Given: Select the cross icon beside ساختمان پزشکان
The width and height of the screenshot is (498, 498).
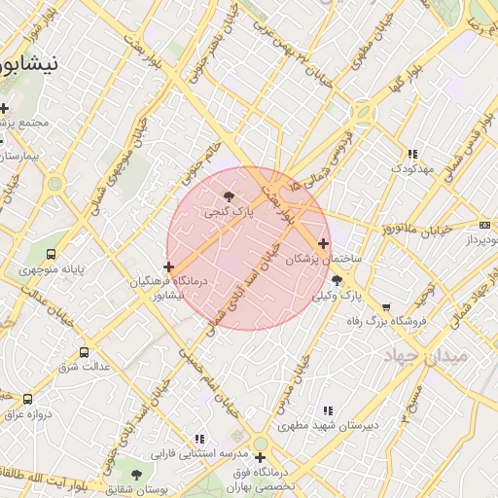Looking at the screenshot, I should (323, 243).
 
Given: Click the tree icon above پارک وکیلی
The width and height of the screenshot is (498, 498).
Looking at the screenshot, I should (337, 280).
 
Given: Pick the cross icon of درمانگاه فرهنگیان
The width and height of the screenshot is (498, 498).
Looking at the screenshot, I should (169, 266).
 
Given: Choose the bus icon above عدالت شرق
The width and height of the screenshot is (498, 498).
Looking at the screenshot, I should (84, 352).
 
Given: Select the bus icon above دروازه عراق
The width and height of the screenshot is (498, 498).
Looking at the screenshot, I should (27, 399).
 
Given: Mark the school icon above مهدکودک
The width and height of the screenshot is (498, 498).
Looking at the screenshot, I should (412, 154).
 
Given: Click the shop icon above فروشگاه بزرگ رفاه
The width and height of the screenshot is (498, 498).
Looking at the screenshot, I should (385, 307).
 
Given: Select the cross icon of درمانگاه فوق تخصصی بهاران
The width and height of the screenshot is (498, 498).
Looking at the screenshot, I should (260, 457).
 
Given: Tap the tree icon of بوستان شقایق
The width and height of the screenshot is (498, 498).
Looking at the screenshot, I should (135, 475).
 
